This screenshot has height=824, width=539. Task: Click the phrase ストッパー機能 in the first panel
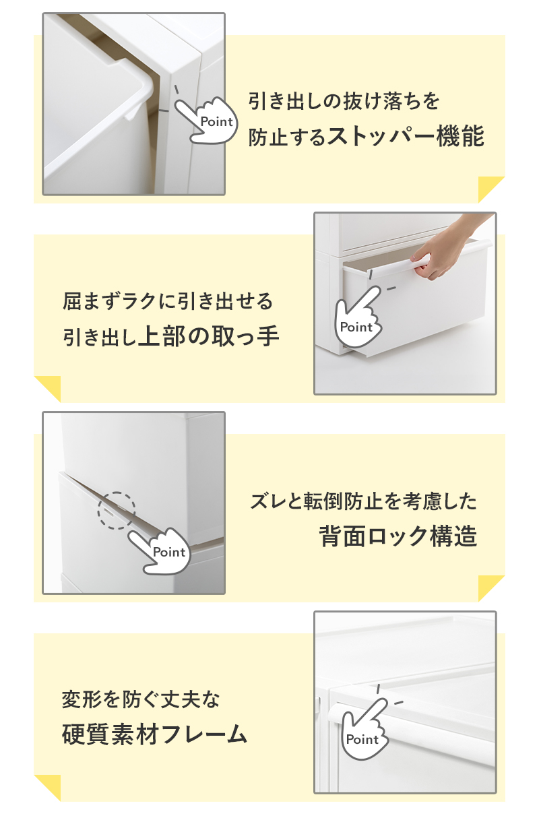coord(406,137)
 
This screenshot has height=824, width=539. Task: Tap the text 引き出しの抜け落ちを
coord(344,101)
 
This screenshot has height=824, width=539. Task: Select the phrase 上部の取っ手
coord(209,336)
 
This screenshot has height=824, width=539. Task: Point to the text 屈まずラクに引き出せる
coord(168,301)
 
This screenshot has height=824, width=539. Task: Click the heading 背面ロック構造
coord(398,536)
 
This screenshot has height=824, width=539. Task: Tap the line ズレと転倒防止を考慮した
coord(363,501)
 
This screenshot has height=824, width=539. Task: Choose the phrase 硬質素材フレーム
coord(154,735)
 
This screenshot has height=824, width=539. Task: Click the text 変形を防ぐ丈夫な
coord(141,700)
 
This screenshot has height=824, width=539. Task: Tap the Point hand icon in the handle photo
coord(358,317)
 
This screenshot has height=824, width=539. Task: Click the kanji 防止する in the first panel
coord(287,137)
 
